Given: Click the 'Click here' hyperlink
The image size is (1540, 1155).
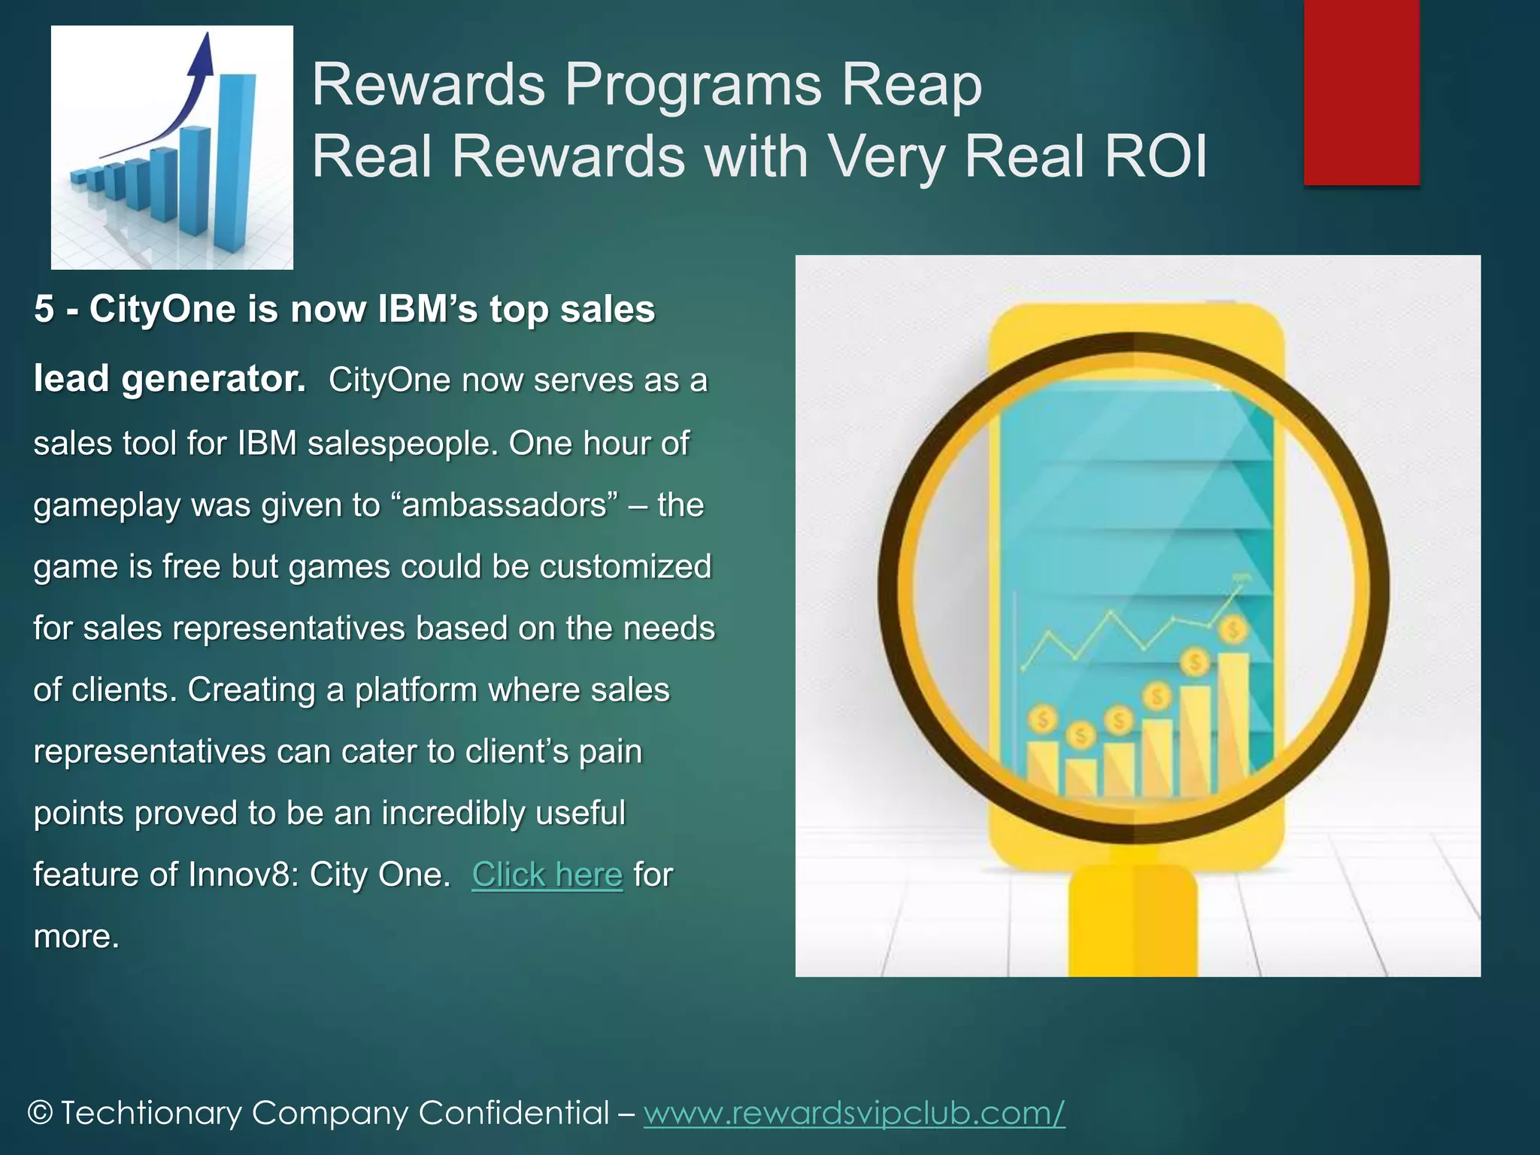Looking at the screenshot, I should [547, 875].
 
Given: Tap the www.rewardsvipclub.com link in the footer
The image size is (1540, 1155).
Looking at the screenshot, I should [853, 1112].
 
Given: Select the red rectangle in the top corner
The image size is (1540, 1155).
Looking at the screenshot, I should [1361, 92].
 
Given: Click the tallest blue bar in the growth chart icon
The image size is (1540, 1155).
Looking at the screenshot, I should [235, 162].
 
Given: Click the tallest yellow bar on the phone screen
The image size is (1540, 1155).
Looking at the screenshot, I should [1232, 722].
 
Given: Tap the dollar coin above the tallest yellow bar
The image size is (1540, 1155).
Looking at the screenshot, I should [1233, 629].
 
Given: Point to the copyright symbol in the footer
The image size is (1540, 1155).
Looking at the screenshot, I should [40, 1113].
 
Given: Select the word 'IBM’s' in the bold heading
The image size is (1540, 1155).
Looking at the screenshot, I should [427, 309].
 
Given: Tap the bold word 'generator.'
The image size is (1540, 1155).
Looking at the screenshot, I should [214, 378].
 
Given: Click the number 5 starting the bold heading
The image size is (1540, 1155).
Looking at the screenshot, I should [44, 309].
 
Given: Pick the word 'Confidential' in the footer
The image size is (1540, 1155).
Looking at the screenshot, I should [514, 1112].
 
